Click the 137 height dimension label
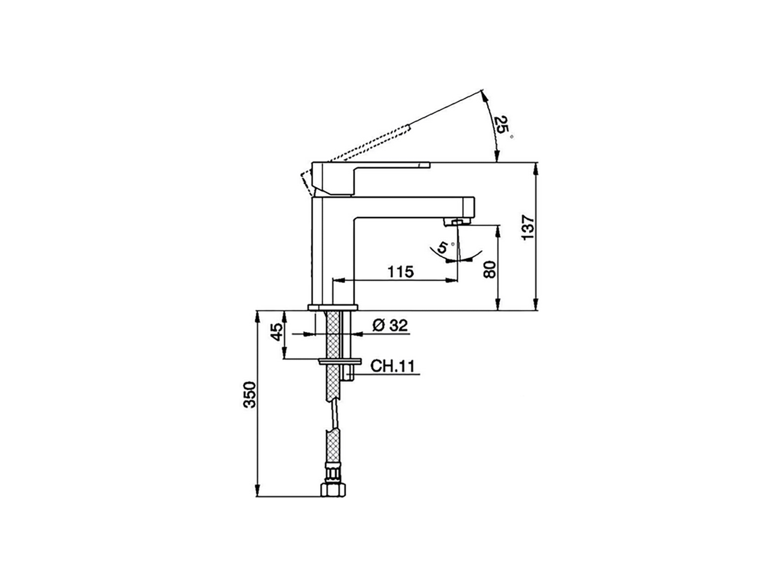point(527,227)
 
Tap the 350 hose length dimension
point(250,395)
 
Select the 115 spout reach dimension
point(401,272)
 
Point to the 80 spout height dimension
point(490,269)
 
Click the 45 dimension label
point(277,332)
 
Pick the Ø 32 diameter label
point(391,325)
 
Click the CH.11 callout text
point(392,366)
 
